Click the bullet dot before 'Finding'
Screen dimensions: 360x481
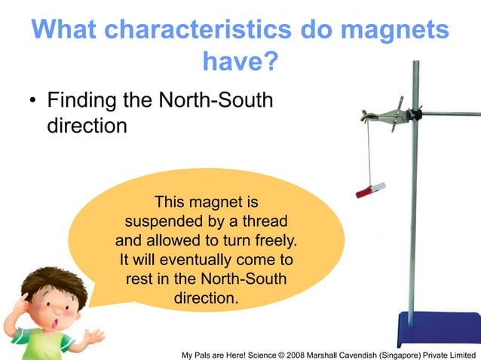[x=34, y=101]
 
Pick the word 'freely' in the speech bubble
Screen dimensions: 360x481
[x=270, y=241]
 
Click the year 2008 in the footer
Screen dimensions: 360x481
[x=308, y=353]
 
